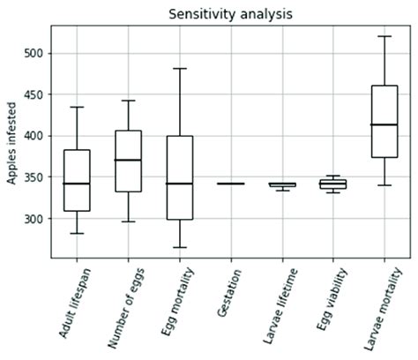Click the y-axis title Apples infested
tap(11, 141)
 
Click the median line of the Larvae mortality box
tap(384, 124)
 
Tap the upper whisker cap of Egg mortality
tap(179, 68)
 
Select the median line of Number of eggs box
tap(128, 160)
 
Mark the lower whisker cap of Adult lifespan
tap(77, 233)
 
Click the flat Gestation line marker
tap(230, 184)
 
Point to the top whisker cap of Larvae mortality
tap(384, 36)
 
